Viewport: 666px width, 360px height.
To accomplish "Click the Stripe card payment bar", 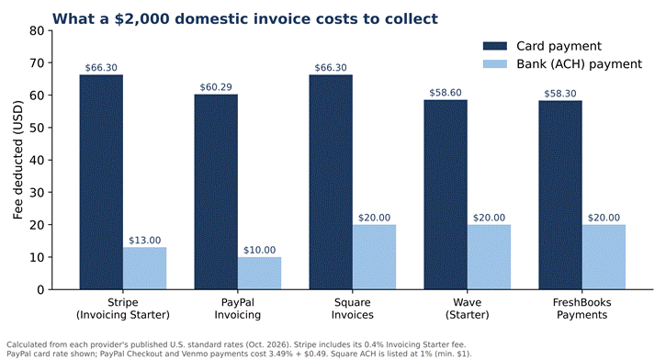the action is [101, 182].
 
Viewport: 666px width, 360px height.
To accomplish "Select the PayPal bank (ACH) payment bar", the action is [260, 274].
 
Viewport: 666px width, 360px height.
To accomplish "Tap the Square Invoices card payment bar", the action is [331, 182].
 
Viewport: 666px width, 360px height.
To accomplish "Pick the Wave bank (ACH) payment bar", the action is [489, 257].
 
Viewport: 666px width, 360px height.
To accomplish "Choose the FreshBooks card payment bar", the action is [560, 196].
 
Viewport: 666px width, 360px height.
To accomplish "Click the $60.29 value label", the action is [216, 87].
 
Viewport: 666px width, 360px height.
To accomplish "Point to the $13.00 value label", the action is [145, 241].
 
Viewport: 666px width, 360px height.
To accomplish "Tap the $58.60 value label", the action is [446, 93].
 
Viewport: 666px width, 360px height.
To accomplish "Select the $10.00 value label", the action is [260, 250].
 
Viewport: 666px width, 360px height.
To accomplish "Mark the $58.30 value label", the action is [560, 94].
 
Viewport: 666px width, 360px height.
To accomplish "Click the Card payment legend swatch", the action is [495, 46].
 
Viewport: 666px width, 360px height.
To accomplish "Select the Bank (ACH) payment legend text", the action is [580, 64].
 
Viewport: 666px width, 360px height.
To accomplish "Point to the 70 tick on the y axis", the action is [37, 62].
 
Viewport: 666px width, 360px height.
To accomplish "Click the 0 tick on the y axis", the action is [40, 289].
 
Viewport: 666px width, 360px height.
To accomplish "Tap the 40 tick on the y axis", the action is [37, 160].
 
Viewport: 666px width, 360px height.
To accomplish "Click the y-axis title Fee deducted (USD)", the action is [17, 160].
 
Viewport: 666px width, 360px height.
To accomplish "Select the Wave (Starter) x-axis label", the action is [468, 309].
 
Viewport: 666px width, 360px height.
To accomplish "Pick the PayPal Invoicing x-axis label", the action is [237, 309].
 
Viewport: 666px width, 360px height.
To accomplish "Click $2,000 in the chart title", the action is [141, 19].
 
